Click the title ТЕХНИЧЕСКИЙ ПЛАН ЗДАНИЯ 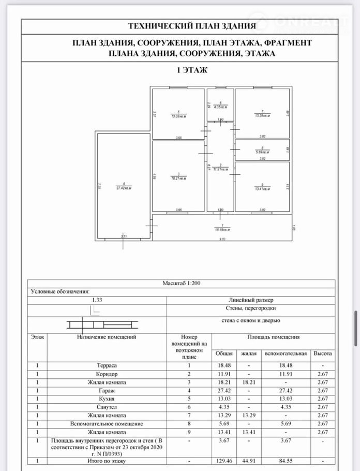pos(192,26)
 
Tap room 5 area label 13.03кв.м pos(178,115)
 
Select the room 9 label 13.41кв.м pos(262,188)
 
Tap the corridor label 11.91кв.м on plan pos(220,168)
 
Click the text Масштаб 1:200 pos(181,284)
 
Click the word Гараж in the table pos(107,390)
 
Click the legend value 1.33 pos(96,300)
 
